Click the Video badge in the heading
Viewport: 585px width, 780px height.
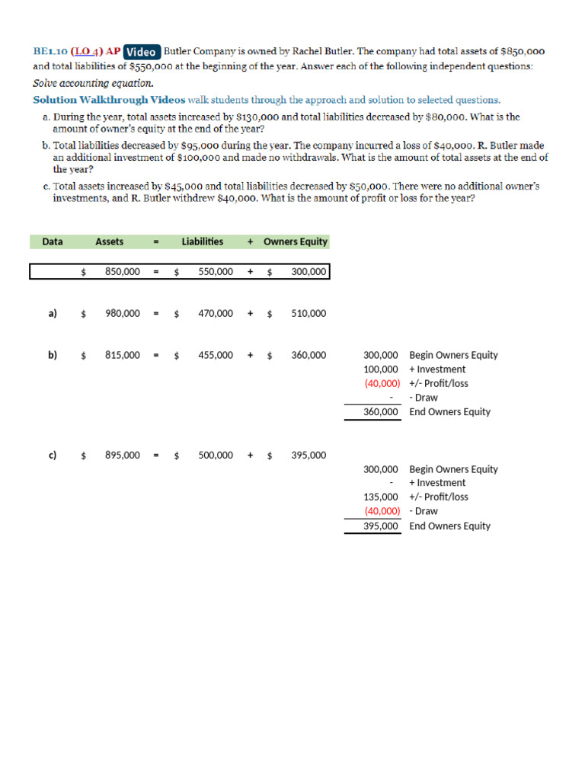click(x=142, y=52)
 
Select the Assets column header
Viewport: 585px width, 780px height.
click(x=110, y=241)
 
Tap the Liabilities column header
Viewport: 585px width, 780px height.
click(x=203, y=241)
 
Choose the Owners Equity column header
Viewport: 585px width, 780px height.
click(x=295, y=241)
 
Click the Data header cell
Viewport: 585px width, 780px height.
click(x=53, y=241)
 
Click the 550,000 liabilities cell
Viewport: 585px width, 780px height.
click(x=216, y=271)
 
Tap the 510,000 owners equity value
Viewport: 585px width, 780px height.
click(x=308, y=313)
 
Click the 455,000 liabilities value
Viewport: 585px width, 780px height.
click(x=216, y=355)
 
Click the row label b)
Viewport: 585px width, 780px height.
click(x=53, y=355)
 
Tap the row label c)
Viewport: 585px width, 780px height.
click(x=53, y=455)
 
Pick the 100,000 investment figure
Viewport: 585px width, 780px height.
click(x=381, y=369)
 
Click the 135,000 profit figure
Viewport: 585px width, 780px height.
click(x=381, y=497)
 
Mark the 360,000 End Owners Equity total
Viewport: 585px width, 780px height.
click(x=381, y=412)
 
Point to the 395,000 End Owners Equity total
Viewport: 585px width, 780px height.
click(x=381, y=526)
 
